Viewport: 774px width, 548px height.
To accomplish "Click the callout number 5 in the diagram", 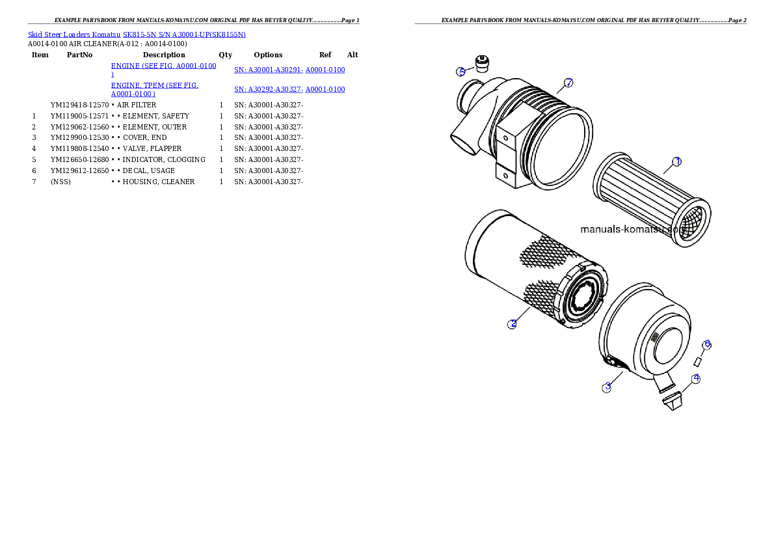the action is point(461,72).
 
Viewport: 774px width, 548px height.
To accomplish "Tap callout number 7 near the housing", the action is point(568,83).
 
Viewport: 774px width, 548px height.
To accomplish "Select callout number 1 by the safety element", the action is point(676,161).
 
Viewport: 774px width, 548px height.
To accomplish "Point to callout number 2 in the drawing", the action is point(513,323).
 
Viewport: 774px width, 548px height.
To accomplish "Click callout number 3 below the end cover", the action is point(607,387).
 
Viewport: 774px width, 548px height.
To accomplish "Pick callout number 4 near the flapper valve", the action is point(696,379).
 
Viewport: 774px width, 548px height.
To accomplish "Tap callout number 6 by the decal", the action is point(707,344).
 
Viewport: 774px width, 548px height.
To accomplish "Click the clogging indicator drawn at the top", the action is point(482,64).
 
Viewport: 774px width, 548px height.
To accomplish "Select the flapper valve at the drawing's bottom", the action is point(673,400).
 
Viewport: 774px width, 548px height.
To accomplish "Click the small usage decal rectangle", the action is point(697,363).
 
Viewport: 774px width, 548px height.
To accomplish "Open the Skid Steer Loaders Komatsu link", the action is point(74,34).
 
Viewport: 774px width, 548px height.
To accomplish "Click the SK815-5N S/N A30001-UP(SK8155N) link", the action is point(184,34).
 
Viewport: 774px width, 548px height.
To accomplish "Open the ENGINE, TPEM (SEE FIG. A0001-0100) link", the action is point(155,89).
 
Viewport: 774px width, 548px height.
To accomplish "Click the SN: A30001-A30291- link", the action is point(269,70).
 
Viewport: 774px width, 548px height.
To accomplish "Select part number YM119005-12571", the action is point(79,116).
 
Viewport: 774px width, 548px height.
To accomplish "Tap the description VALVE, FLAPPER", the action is point(152,149).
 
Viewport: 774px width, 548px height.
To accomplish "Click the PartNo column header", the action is point(79,55).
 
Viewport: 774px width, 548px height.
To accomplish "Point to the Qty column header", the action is point(226,55).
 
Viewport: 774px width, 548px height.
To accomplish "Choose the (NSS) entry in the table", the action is point(60,182).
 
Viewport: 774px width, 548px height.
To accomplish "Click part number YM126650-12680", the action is point(79,159).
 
